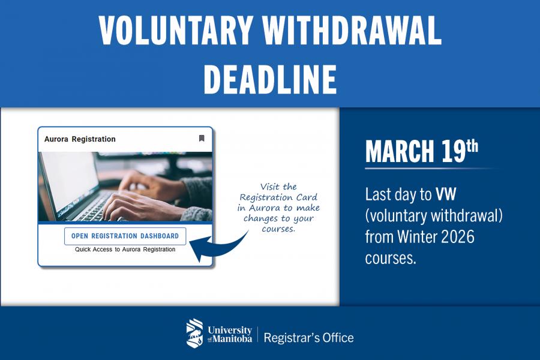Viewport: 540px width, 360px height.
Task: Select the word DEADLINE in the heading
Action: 270,79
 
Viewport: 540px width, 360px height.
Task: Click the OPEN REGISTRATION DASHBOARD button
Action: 125,236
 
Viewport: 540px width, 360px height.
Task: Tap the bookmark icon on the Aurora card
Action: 202,139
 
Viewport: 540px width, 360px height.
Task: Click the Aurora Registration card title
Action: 80,139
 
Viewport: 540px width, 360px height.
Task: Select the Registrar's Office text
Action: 308,337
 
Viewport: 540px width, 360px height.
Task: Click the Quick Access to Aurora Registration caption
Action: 125,250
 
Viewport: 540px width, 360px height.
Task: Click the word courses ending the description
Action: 390,257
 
